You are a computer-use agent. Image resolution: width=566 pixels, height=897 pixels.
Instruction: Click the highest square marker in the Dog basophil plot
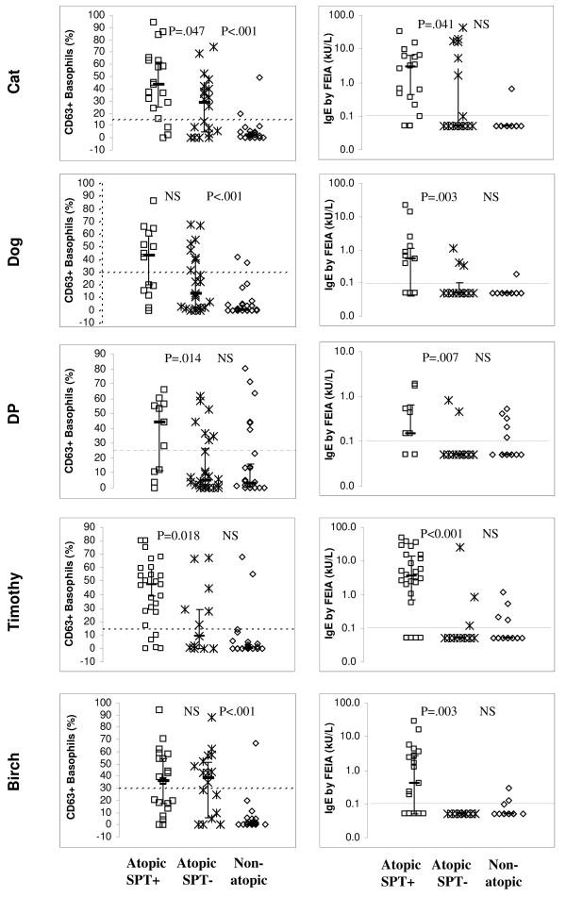153,200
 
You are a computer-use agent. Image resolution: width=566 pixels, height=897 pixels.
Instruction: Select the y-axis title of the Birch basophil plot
68,765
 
